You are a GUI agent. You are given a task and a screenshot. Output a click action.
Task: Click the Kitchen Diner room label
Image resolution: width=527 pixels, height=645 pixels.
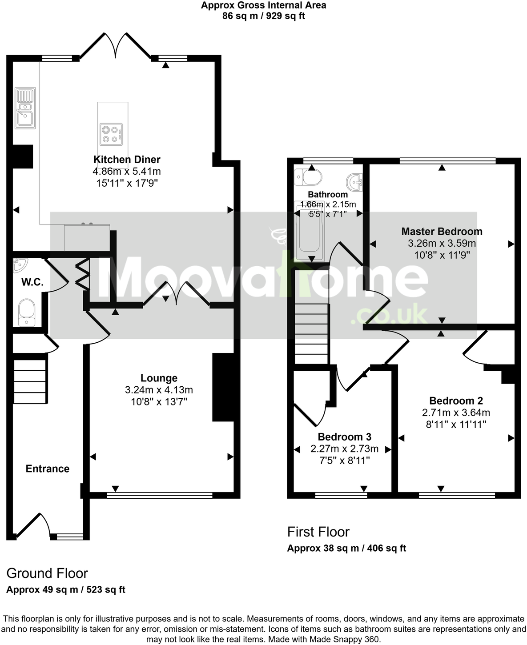point(127,160)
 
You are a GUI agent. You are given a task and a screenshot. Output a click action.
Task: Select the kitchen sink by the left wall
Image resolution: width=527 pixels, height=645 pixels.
point(25,108)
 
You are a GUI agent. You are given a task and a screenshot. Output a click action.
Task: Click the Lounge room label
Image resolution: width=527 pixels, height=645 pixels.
point(159,378)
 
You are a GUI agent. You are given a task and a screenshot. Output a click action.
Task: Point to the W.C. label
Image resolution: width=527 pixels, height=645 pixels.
point(32,282)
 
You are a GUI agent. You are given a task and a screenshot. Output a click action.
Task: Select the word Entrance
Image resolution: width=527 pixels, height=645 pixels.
point(48,469)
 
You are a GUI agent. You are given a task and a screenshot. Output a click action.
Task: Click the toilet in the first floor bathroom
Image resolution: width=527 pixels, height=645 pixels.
point(308,176)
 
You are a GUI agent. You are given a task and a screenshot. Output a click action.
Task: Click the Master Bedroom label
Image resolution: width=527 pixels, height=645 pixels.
point(442,231)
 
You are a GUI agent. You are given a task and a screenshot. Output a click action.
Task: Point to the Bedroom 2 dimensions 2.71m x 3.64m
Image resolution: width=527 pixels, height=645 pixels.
point(456,413)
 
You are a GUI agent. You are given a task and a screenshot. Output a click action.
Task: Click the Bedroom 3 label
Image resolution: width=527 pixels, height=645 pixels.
point(344,437)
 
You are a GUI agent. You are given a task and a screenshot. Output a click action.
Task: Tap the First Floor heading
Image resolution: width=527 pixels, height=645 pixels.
point(318,532)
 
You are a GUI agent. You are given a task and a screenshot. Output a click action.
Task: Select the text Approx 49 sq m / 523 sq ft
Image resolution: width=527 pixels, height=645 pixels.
point(66,590)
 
